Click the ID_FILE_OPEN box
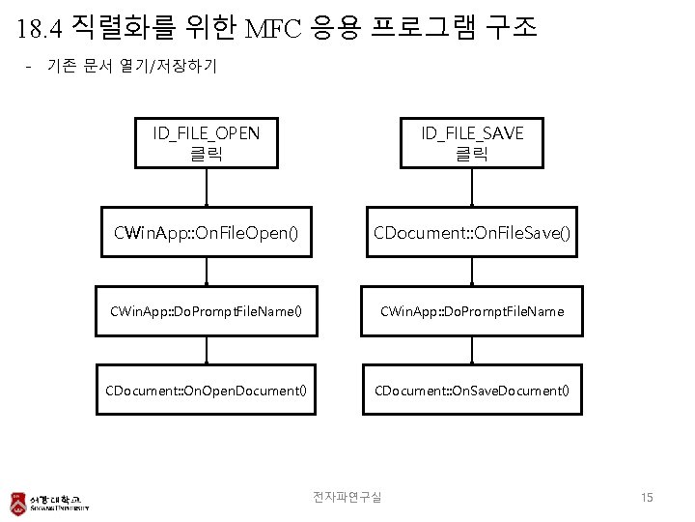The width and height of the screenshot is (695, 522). [x=206, y=142]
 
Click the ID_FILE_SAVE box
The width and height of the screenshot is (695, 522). [x=471, y=142]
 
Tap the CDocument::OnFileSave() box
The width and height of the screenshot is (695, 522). [x=471, y=233]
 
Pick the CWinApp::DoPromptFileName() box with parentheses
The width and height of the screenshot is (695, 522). [x=206, y=311]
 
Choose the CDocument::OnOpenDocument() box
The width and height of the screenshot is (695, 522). [x=206, y=390]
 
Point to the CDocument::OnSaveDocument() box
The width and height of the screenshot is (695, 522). [x=471, y=390]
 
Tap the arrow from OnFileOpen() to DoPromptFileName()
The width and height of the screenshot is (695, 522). [x=206, y=272]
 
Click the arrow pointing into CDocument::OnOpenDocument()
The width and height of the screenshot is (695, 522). [x=206, y=350]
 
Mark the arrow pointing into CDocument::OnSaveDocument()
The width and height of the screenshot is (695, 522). [x=471, y=350]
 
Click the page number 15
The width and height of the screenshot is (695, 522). [x=647, y=497]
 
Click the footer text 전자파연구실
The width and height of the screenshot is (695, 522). [x=347, y=497]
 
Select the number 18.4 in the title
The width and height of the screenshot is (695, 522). [x=40, y=29]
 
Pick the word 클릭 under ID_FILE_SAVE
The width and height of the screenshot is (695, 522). [x=471, y=153]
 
